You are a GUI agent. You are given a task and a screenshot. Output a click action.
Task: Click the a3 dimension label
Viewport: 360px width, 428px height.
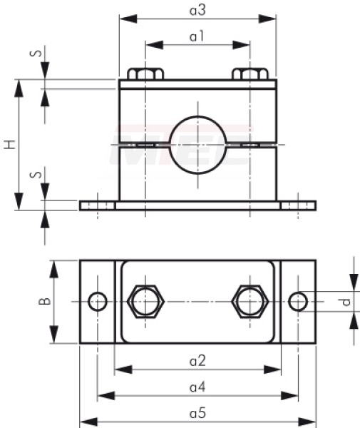click(197, 11)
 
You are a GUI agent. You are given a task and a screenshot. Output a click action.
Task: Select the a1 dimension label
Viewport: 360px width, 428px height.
click(197, 36)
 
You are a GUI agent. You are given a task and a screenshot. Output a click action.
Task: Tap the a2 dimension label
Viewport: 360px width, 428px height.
click(197, 361)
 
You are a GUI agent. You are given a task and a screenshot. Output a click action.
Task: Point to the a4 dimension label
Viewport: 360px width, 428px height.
click(197, 387)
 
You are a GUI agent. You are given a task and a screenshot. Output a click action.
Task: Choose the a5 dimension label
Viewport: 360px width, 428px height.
click(197, 413)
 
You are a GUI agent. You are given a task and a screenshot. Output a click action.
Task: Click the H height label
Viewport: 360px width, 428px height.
click(10, 144)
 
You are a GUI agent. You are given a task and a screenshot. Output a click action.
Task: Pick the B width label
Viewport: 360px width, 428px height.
click(45, 301)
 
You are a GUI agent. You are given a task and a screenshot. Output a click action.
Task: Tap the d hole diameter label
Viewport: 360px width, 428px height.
click(346, 302)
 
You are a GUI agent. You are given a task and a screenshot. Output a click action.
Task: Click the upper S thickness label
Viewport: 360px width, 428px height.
click(36, 53)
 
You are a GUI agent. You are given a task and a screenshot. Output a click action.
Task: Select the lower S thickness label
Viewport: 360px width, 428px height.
click(36, 174)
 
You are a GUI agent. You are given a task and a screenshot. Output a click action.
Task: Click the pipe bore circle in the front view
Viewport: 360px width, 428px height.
click(198, 116)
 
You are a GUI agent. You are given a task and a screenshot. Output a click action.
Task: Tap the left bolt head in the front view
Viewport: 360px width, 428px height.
click(145, 74)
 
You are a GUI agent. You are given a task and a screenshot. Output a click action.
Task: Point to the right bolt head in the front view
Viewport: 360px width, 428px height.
click(250, 74)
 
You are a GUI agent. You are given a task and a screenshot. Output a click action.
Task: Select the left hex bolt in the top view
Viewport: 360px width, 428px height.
click(145, 302)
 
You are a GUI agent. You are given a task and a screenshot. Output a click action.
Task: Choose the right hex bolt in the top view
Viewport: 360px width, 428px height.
click(250, 302)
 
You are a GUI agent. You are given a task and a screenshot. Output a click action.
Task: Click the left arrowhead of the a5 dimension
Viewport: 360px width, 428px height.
click(88, 422)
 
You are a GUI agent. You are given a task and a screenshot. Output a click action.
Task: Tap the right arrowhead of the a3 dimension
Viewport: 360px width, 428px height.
click(267, 19)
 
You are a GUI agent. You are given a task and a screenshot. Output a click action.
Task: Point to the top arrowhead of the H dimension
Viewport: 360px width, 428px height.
click(19, 88)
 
